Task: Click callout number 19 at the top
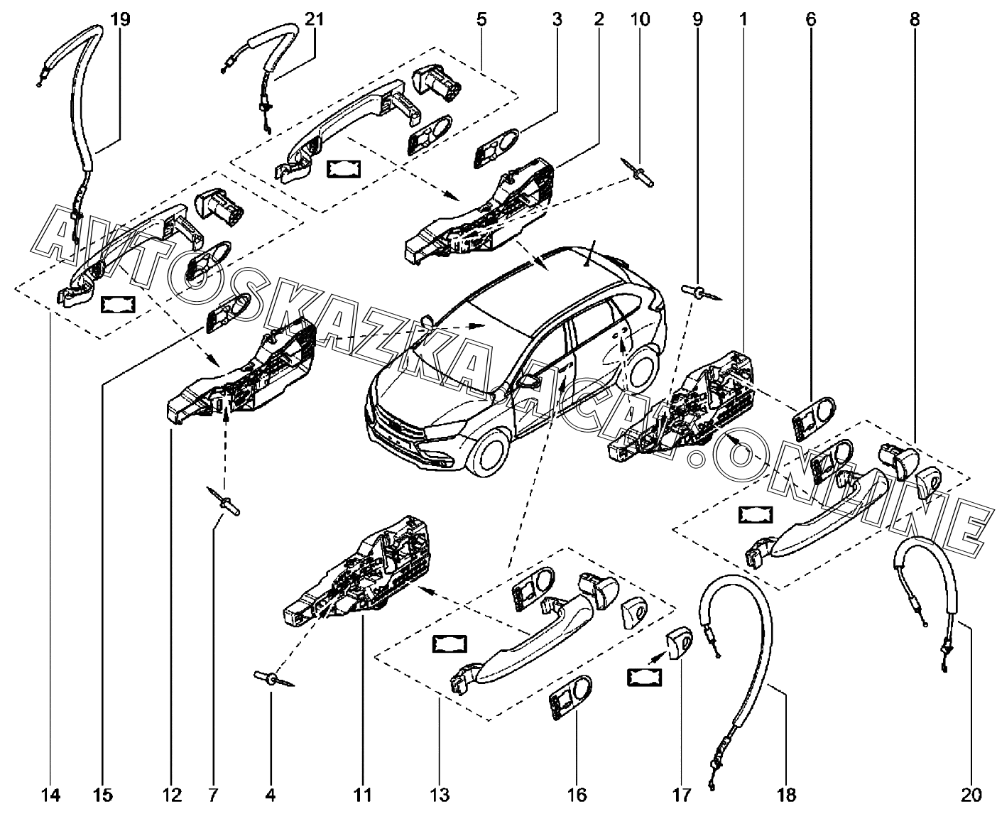tap(121, 19)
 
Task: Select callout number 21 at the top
tap(313, 19)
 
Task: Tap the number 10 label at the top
tap(640, 19)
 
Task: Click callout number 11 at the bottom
tap(363, 793)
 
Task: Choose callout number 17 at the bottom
tap(681, 793)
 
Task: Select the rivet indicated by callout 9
tap(697, 291)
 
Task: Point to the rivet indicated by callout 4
tap(266, 678)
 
